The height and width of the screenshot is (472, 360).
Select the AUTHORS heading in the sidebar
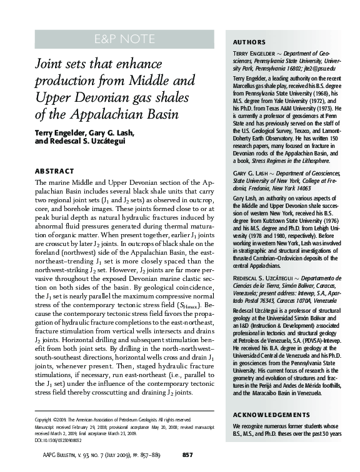[x=249, y=42]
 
